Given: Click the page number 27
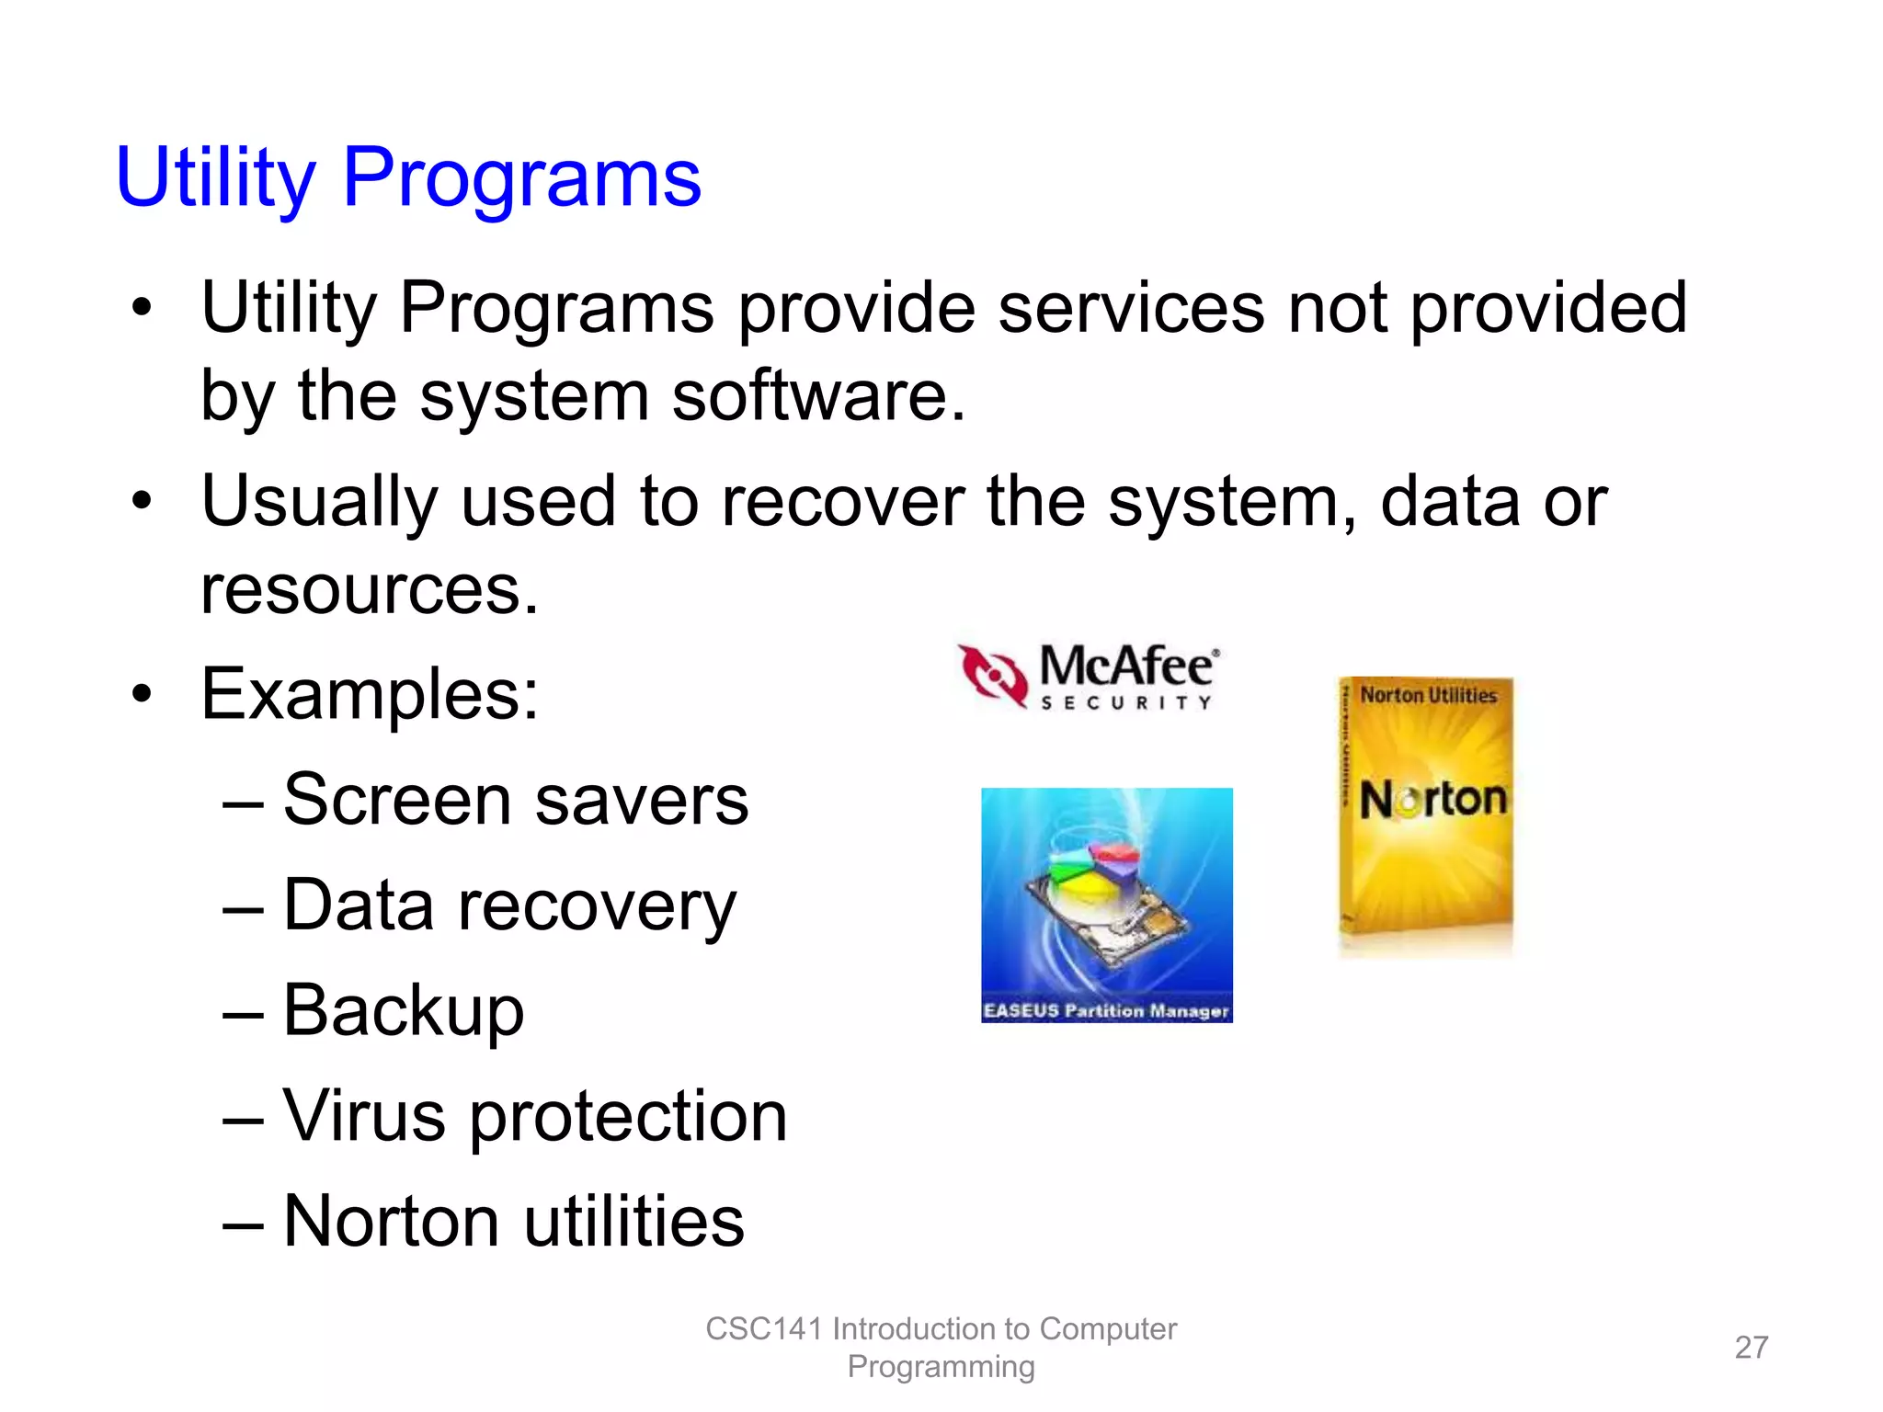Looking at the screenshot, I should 1751,1347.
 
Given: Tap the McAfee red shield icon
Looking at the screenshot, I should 993,676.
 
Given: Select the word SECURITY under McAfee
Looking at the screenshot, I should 1126,703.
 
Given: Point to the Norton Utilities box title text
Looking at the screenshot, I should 1428,695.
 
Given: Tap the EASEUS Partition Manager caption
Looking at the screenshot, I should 1106,1010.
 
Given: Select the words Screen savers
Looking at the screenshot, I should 515,800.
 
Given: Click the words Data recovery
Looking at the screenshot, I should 509,905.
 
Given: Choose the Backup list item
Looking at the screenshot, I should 403,1010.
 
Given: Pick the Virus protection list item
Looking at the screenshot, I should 534,1116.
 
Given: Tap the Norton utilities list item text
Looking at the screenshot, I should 513,1221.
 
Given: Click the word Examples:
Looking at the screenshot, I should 370,694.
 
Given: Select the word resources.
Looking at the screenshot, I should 369,589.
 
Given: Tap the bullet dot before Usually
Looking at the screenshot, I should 141,502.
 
